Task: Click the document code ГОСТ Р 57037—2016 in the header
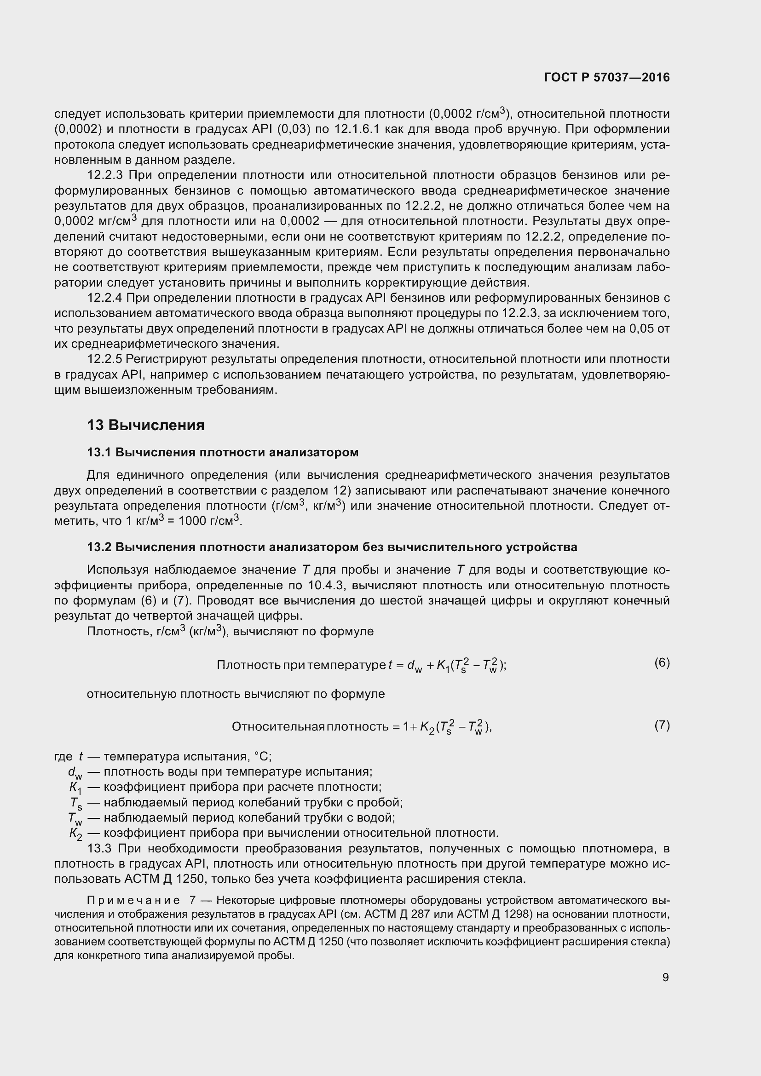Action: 607,78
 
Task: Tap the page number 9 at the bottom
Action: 665,977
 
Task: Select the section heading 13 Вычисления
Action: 146,425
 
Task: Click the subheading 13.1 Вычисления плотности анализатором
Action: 223,452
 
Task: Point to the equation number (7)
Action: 662,725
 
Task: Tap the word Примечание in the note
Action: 133,901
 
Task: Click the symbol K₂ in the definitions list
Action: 75,834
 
